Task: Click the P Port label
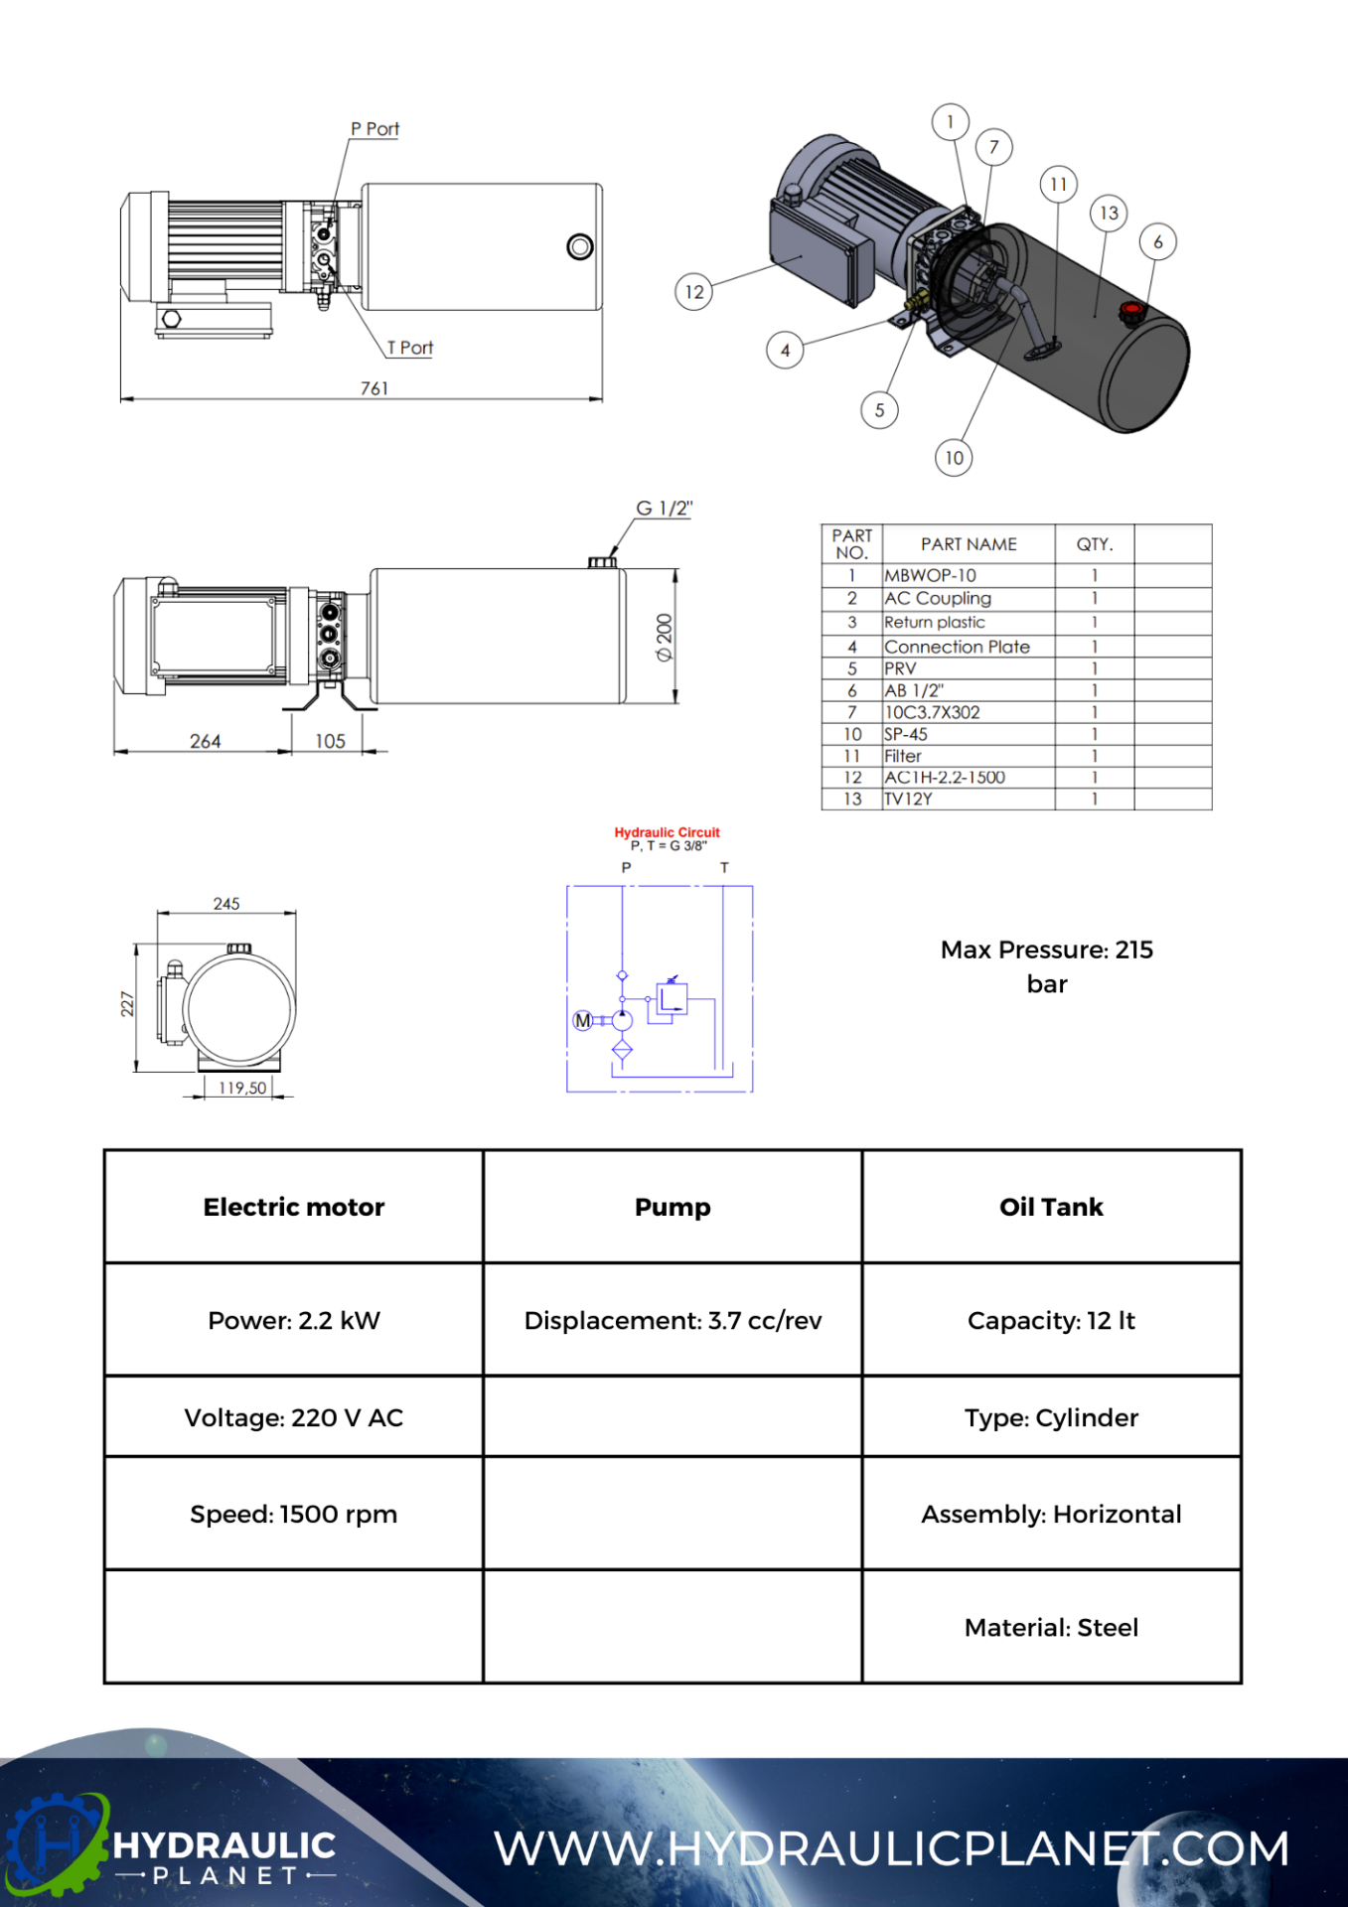click(374, 129)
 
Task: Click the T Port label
click(409, 348)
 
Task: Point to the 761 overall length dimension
click(374, 388)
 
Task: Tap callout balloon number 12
click(693, 292)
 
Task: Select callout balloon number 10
click(954, 458)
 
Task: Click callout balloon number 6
click(1157, 241)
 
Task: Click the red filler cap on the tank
click(1130, 312)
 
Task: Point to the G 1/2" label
click(664, 509)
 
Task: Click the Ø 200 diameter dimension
click(664, 637)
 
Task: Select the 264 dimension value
click(205, 741)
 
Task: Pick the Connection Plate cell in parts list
click(957, 647)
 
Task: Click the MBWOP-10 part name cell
click(930, 575)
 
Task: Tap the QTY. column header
click(1095, 544)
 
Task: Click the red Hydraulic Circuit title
click(667, 832)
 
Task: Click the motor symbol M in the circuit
click(583, 1020)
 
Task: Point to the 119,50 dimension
click(242, 1088)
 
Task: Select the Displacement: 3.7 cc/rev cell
click(673, 1320)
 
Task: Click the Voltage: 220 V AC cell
click(294, 1417)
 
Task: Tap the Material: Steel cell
click(1051, 1627)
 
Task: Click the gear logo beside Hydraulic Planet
click(55, 1843)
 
